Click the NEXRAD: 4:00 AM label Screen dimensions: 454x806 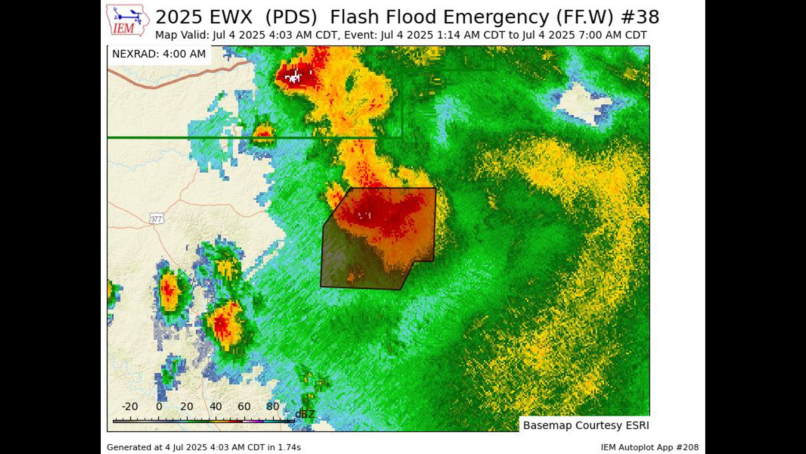click(x=159, y=54)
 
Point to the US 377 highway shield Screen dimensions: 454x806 click(x=156, y=219)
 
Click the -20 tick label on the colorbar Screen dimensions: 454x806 click(x=130, y=406)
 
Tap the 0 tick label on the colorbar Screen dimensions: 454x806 click(x=159, y=406)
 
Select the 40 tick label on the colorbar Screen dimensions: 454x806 click(x=216, y=406)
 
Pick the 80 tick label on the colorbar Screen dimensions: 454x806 click(x=272, y=406)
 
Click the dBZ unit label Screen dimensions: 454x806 click(x=305, y=414)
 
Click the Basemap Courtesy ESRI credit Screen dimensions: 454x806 click(x=586, y=425)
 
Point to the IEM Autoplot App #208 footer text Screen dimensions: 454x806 click(x=649, y=448)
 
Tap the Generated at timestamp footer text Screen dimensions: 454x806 click(x=204, y=448)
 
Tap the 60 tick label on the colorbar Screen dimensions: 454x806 click(x=244, y=406)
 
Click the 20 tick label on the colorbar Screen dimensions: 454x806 click(x=187, y=406)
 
